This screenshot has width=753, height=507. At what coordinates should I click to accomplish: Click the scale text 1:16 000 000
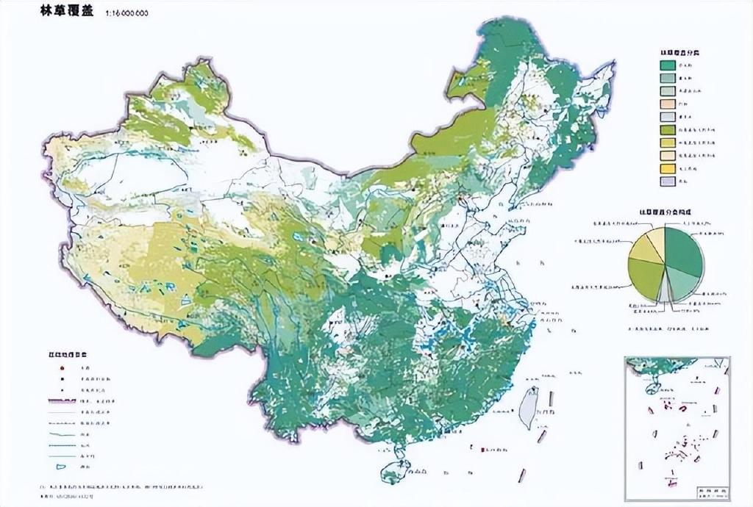(x=126, y=13)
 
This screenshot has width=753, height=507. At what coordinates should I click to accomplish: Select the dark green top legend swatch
(x=667, y=65)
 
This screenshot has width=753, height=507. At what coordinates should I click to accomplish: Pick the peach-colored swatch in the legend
(x=667, y=103)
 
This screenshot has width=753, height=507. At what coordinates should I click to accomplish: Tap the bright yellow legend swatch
(x=667, y=168)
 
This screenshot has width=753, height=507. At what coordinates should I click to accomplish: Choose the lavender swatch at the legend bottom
(x=667, y=181)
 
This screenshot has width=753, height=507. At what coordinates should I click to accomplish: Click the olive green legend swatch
(x=667, y=129)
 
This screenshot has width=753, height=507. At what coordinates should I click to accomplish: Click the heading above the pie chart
(x=665, y=212)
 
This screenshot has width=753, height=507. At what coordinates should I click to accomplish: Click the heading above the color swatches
(x=679, y=53)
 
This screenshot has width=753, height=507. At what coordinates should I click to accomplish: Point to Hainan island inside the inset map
(x=650, y=386)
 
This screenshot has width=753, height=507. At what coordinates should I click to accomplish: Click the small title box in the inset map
(x=711, y=488)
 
